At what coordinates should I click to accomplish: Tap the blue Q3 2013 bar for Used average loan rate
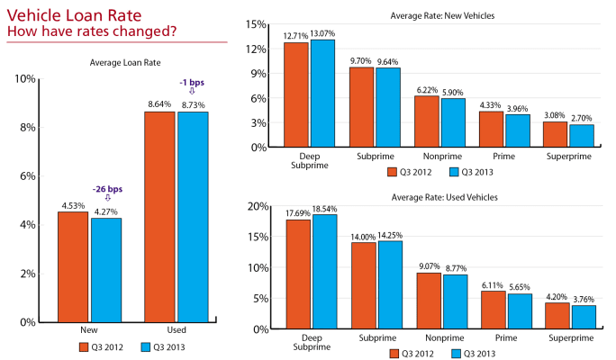click(x=192, y=216)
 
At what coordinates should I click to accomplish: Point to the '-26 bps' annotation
click(x=108, y=189)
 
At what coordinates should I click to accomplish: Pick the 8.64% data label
click(x=159, y=104)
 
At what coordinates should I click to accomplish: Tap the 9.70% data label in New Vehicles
click(x=360, y=61)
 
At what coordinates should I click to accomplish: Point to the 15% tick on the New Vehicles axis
click(x=257, y=24)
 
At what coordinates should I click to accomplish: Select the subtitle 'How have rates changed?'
click(x=91, y=32)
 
